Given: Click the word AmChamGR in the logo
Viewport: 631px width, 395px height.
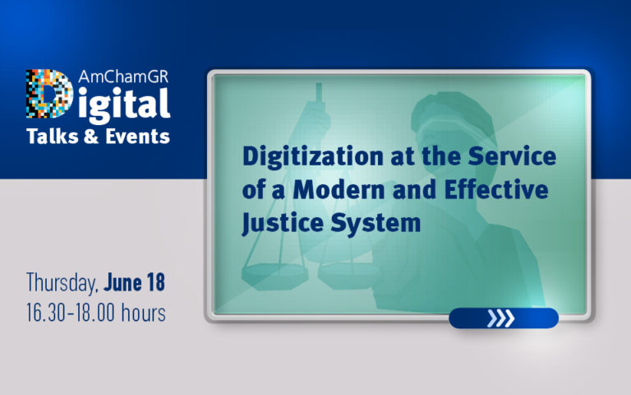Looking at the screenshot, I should pos(123,76).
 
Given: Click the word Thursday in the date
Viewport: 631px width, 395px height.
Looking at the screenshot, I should pos(62,283).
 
